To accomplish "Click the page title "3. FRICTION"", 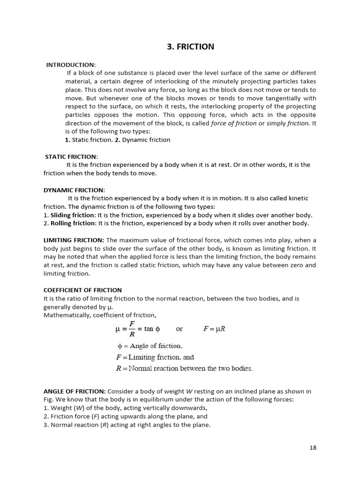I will pyautogui.click(x=190, y=46).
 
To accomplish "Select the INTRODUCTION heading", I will pyautogui.click(x=70, y=65).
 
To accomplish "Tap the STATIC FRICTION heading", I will pyautogui.click(x=72, y=157).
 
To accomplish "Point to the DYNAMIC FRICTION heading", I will pyautogui.click(x=74, y=190).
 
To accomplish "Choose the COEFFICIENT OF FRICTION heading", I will pyautogui.click(x=82, y=290).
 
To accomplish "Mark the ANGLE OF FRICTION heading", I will pyautogui.click(x=75, y=391).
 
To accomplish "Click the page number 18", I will pyautogui.click(x=313, y=448).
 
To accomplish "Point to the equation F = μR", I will pyautogui.click(x=214, y=329).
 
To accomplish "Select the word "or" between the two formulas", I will pyautogui.click(x=179, y=329).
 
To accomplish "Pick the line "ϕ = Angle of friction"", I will pyautogui.click(x=149, y=346).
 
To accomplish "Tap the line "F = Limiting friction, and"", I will pyautogui.click(x=155, y=357).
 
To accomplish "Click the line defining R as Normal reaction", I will pyautogui.click(x=184, y=368).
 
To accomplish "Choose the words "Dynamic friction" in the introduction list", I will pyautogui.click(x=146, y=140).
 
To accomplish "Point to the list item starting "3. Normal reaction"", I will pyautogui.click(x=127, y=425).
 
